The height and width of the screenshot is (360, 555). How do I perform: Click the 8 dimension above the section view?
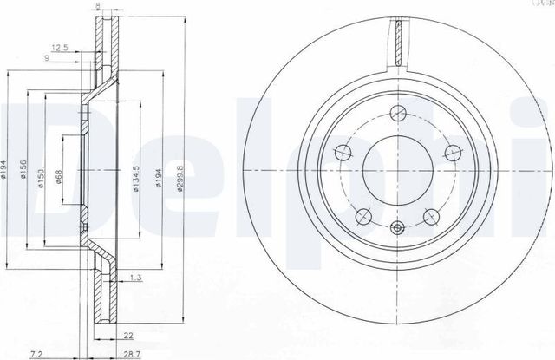[97, 5]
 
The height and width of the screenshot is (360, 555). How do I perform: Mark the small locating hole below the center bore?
[398, 228]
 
